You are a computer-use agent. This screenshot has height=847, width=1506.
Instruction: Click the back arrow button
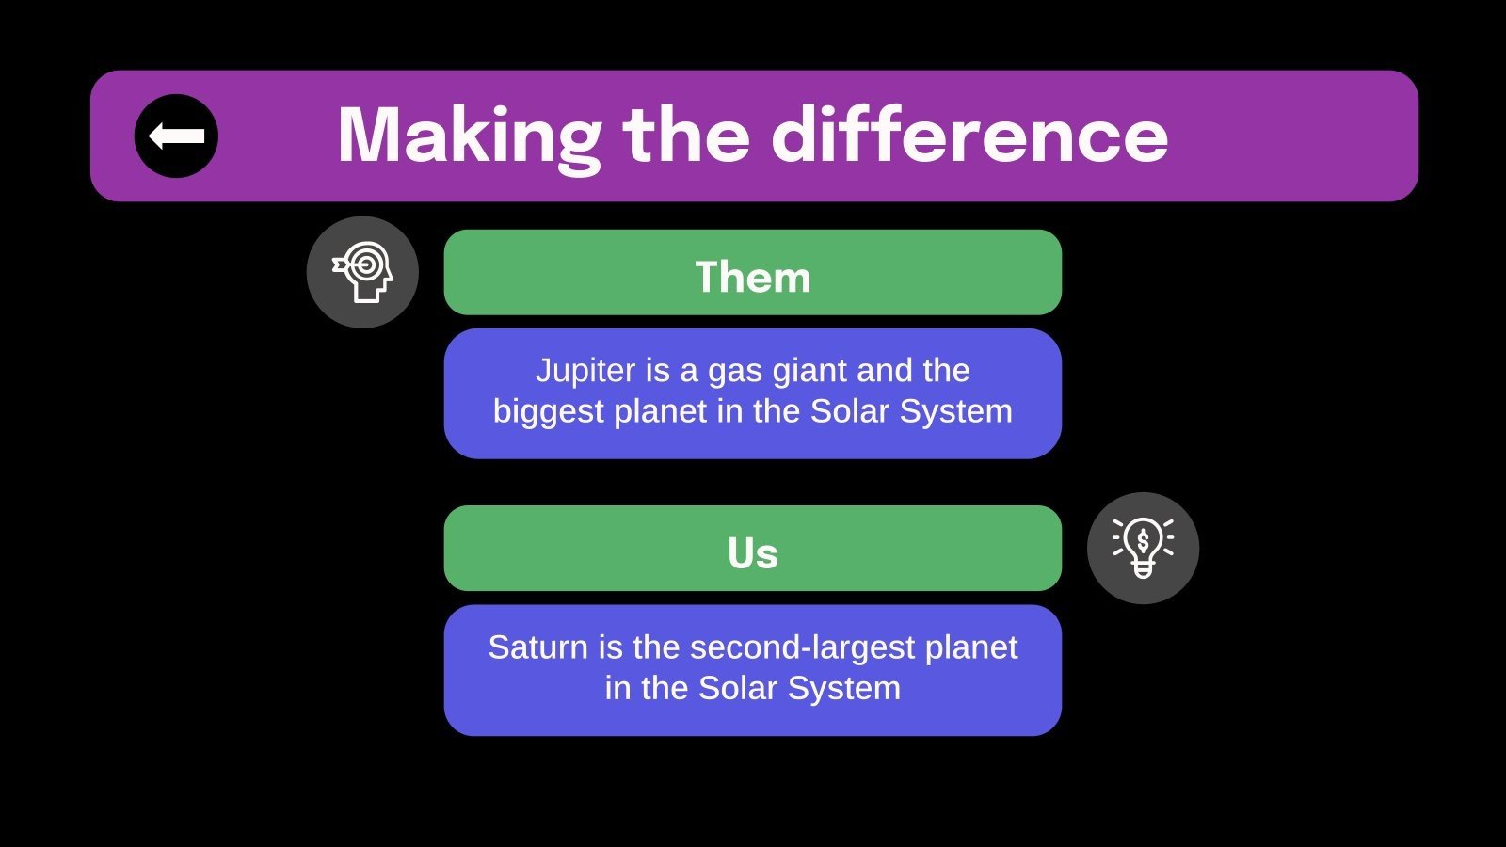(176, 136)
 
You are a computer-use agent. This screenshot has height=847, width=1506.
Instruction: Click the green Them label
(753, 272)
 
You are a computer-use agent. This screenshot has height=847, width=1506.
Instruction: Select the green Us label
(753, 549)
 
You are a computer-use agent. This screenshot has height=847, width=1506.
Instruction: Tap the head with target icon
(362, 272)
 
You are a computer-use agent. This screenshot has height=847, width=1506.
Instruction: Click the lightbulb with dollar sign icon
(1143, 548)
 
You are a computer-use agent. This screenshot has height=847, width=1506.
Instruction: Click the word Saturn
(537, 647)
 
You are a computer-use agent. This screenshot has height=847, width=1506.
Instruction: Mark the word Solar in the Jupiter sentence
(850, 411)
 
